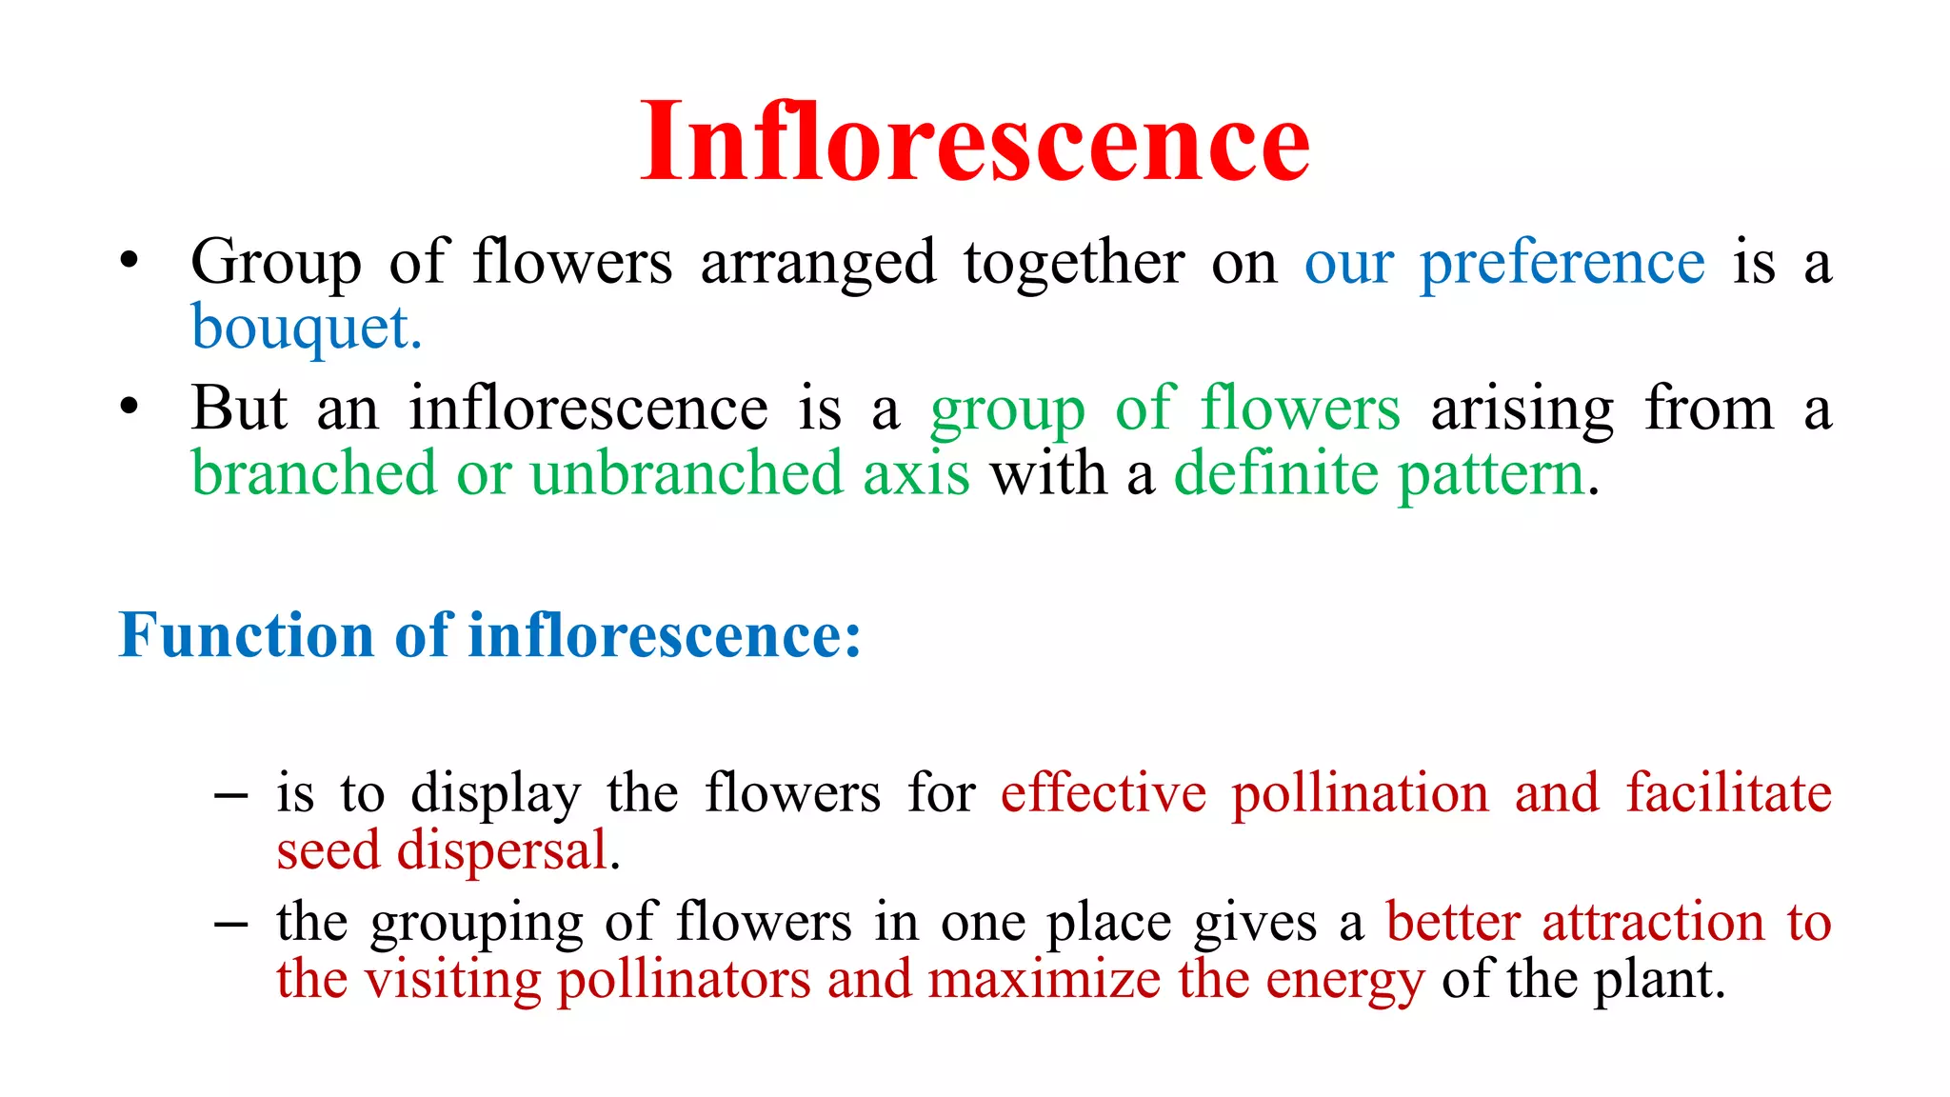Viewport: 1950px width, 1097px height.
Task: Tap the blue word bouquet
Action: pyautogui.click(x=305, y=328)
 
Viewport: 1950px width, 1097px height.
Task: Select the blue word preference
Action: pyautogui.click(x=1562, y=263)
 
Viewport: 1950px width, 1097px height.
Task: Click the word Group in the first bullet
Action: pyautogui.click(x=276, y=263)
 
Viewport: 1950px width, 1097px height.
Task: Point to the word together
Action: pyautogui.click(x=1074, y=263)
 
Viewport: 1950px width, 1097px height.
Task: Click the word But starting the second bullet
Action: pyautogui.click(x=239, y=409)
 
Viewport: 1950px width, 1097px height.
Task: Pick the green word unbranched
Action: pyautogui.click(x=686, y=473)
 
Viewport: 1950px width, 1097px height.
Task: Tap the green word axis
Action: pyautogui.click(x=916, y=473)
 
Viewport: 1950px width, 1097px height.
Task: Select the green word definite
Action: pyautogui.click(x=1276, y=473)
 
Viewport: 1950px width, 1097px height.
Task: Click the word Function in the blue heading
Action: pyautogui.click(x=247, y=635)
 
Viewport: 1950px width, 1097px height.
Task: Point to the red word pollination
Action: pyautogui.click(x=1360, y=793)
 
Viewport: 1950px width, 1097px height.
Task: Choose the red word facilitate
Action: pyautogui.click(x=1728, y=793)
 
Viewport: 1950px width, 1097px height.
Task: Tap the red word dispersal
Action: pyautogui.click(x=502, y=850)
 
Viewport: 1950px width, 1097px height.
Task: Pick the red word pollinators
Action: pyautogui.click(x=684, y=980)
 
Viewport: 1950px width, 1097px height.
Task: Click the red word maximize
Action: pyautogui.click(x=1044, y=980)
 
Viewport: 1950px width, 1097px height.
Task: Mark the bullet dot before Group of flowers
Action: pyautogui.click(x=129, y=260)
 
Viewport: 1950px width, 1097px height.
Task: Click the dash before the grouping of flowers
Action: pyautogui.click(x=231, y=923)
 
